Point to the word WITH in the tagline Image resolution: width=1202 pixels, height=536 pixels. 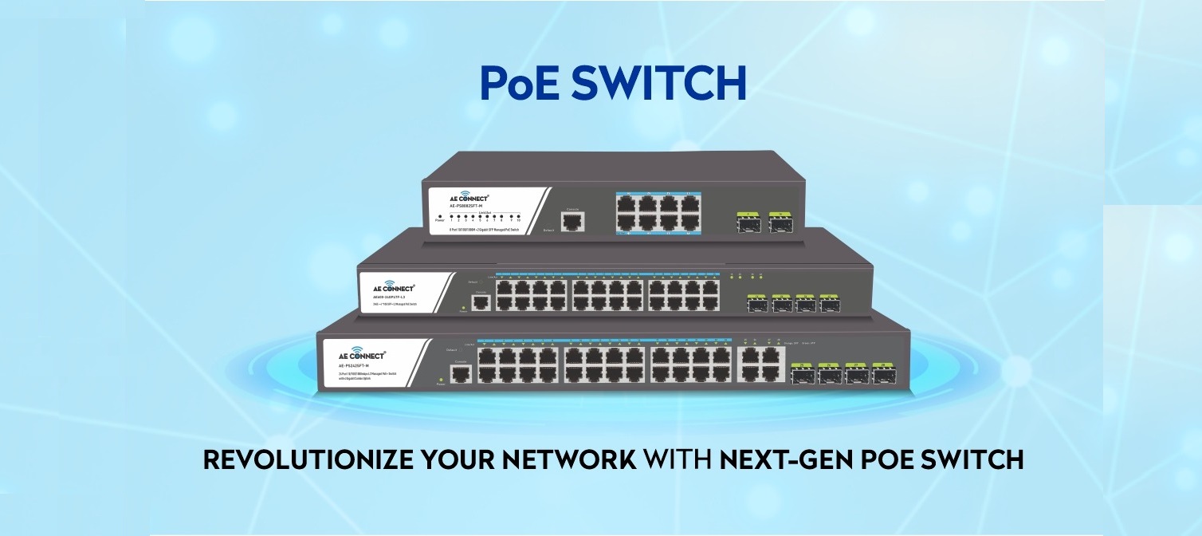pyautogui.click(x=678, y=460)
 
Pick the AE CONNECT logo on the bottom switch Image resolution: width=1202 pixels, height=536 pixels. pyautogui.click(x=356, y=353)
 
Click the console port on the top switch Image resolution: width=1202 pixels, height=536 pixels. pyautogui.click(x=572, y=222)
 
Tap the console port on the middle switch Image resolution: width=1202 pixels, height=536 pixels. pyautogui.click(x=480, y=302)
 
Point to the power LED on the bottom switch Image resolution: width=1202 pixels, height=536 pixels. pyautogui.click(x=440, y=379)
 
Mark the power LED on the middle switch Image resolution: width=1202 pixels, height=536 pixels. pyautogui.click(x=463, y=307)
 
